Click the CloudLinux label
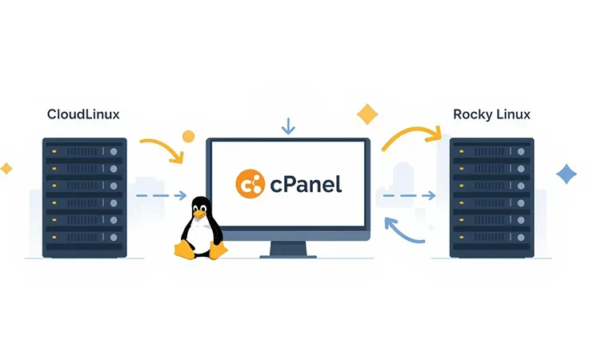(x=84, y=114)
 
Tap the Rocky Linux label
(x=491, y=114)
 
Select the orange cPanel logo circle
(x=250, y=183)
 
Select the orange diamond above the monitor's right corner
(x=367, y=114)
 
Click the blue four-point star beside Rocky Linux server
(x=567, y=174)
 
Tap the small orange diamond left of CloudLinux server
(x=6, y=168)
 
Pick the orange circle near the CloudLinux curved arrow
(x=189, y=136)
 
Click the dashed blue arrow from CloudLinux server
(x=161, y=195)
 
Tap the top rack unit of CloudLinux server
(x=85, y=150)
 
